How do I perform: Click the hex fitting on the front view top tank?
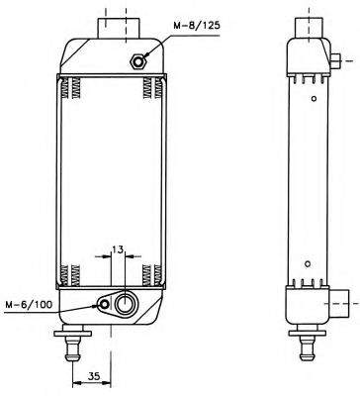click(x=137, y=62)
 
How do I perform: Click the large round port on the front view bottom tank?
click(x=126, y=303)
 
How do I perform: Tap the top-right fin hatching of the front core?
click(x=150, y=91)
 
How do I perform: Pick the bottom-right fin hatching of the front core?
click(x=150, y=272)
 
